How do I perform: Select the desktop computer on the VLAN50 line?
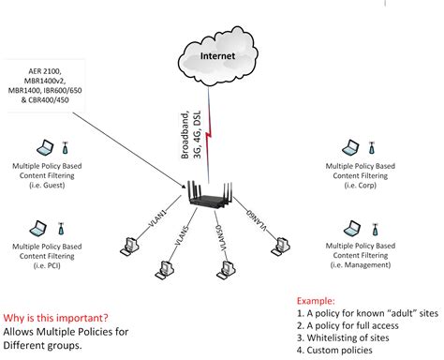[224, 269]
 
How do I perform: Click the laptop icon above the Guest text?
[44, 148]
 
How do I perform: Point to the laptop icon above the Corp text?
[352, 148]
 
